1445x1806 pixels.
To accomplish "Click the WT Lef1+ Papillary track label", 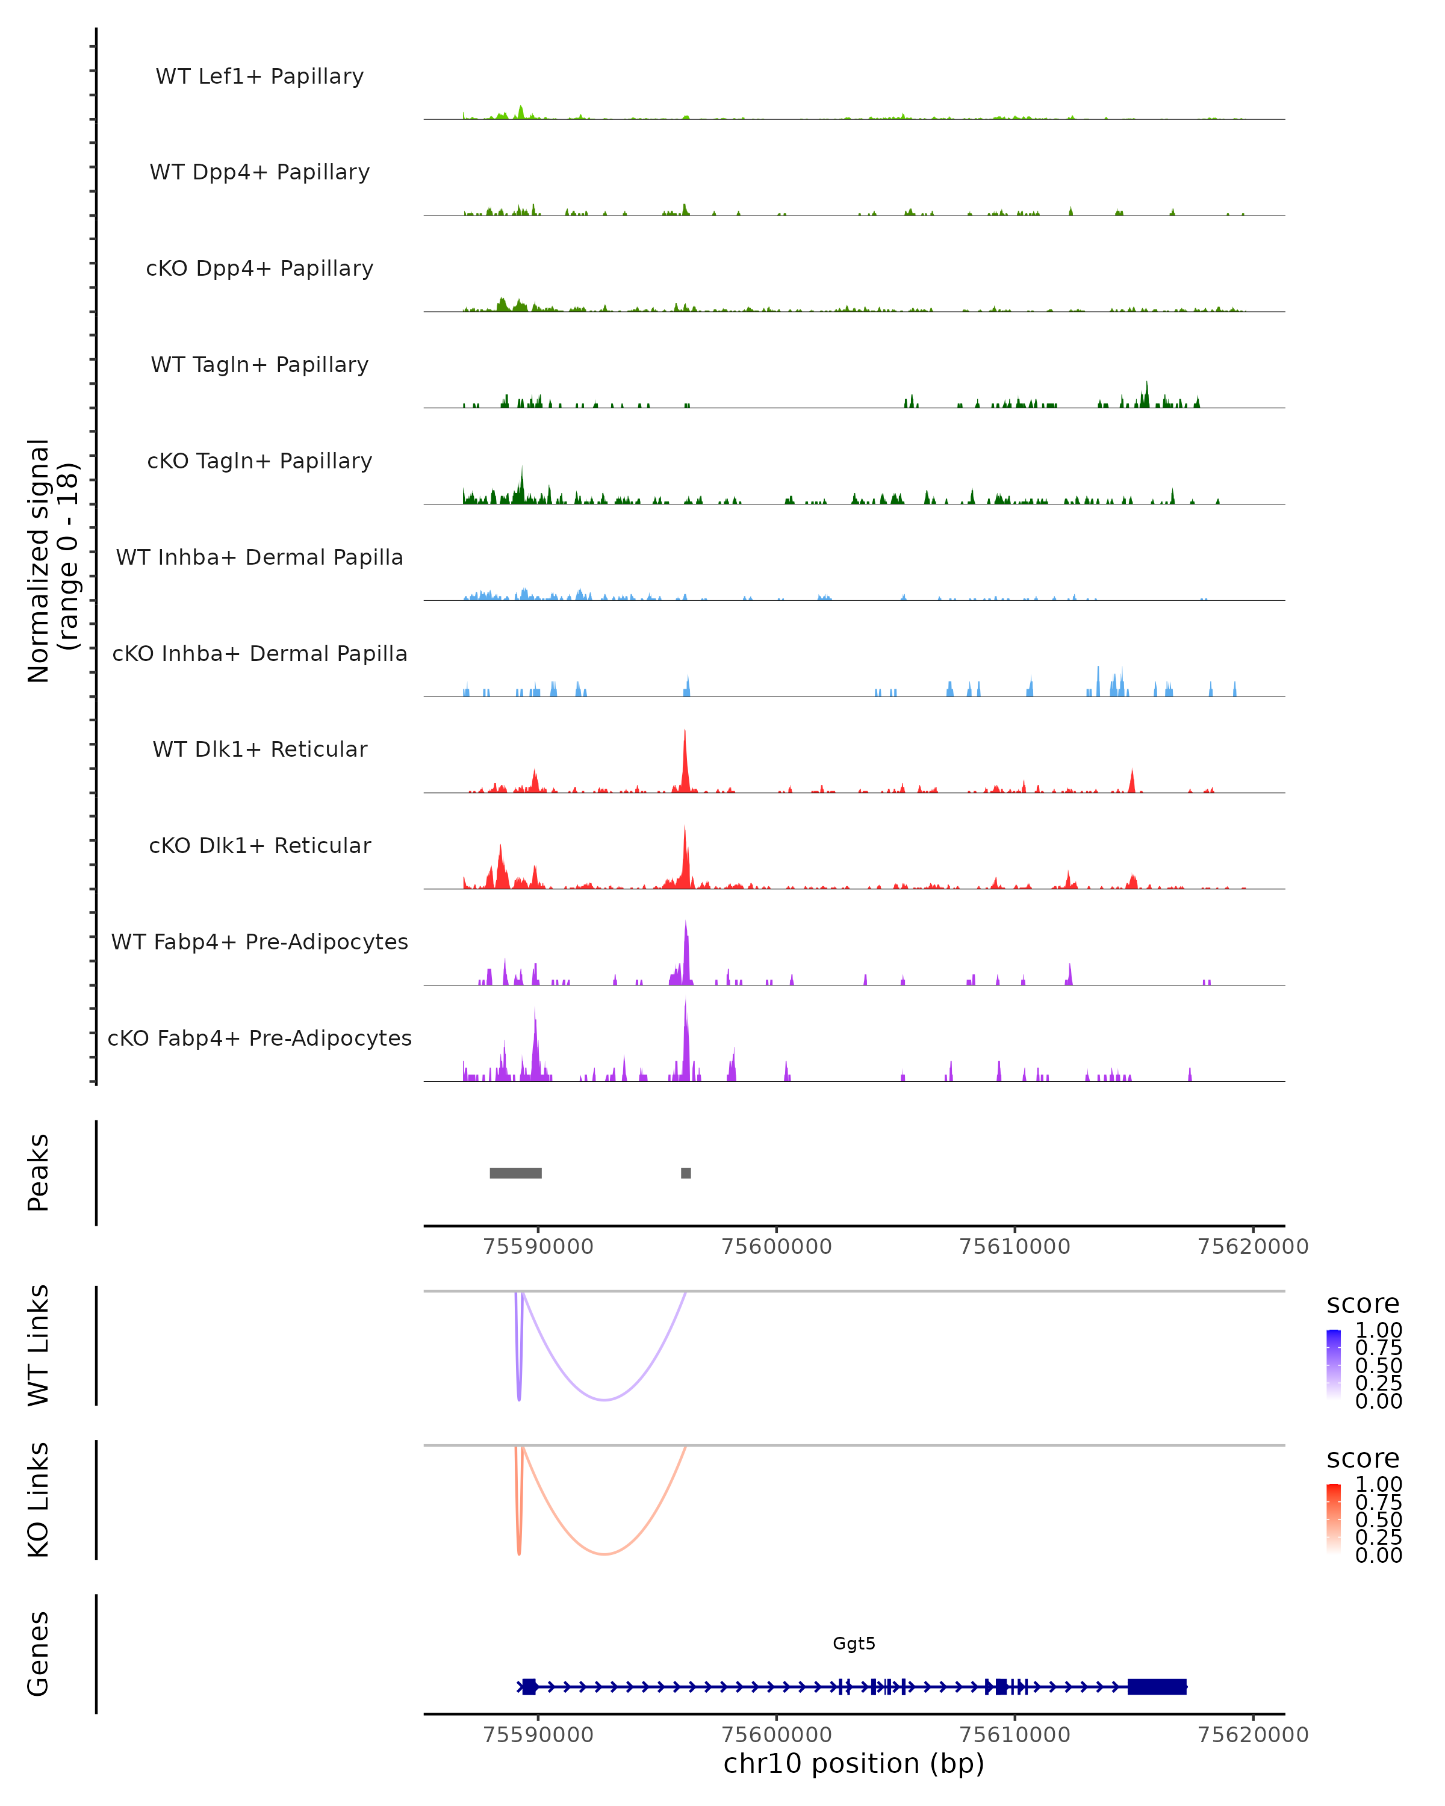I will (x=259, y=76).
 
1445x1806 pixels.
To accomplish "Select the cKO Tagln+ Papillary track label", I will (x=259, y=461).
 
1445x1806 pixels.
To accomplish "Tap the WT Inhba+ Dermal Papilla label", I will (x=259, y=557).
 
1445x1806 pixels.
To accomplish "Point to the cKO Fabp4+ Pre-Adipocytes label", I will (x=259, y=1038).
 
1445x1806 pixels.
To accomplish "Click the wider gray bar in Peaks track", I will (x=515, y=1173).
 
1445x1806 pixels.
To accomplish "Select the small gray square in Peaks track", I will (x=686, y=1173).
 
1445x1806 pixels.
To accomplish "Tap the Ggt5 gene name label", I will (x=854, y=1643).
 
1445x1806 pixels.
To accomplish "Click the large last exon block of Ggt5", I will (x=1157, y=1686).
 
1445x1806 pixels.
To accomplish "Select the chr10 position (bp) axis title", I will (x=854, y=1763).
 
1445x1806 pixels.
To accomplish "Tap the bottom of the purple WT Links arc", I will (x=604, y=1399).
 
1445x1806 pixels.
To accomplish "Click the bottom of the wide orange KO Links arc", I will (x=604, y=1553).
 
